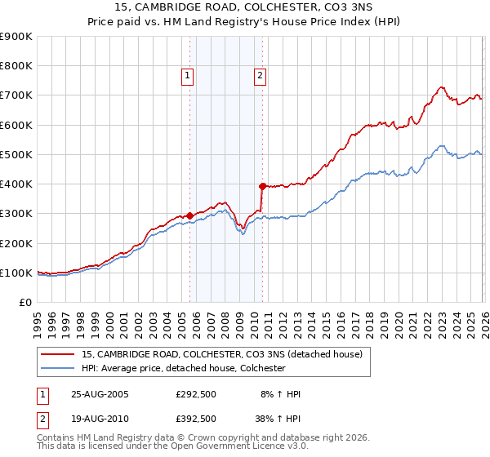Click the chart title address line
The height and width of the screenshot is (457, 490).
(x=245, y=9)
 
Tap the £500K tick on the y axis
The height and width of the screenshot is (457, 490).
(x=16, y=155)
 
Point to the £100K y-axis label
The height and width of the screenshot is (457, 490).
(x=16, y=273)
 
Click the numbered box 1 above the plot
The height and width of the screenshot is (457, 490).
(x=188, y=76)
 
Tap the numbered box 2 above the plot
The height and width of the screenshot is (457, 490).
(x=260, y=76)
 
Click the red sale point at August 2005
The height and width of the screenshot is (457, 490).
(x=190, y=216)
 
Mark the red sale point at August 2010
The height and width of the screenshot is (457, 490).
(x=262, y=186)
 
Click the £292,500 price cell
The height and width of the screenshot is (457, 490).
(x=196, y=394)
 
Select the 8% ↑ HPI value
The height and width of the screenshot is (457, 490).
(x=281, y=394)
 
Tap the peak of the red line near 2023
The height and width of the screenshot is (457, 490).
(x=440, y=87)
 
